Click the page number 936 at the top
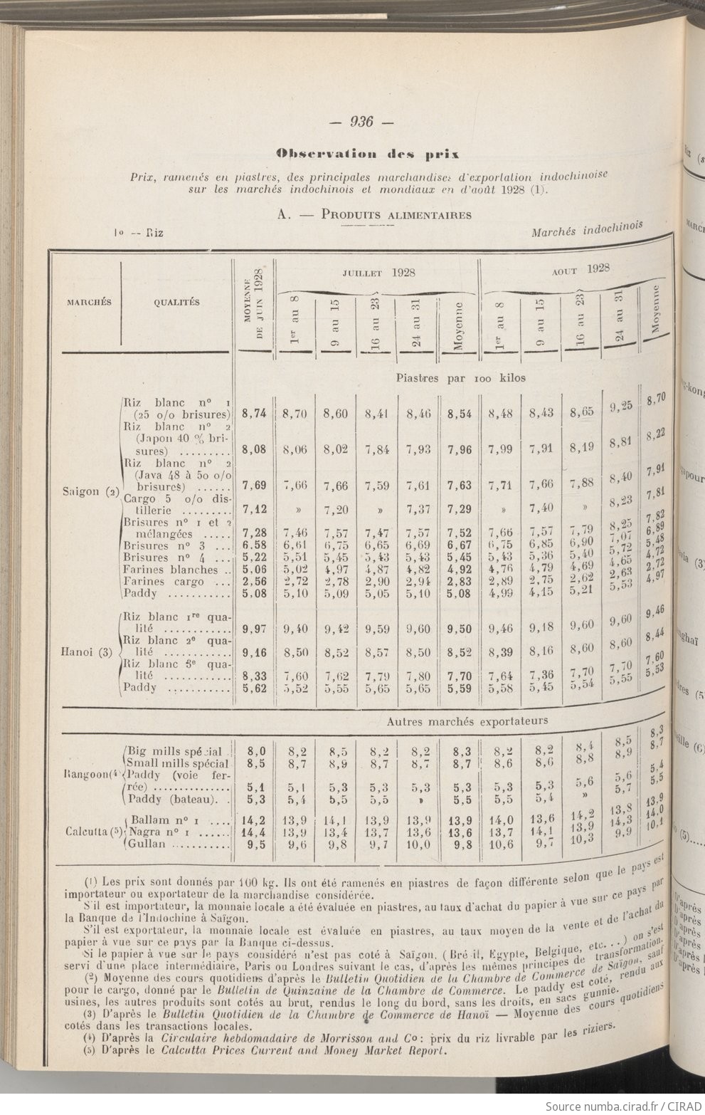pos(361,122)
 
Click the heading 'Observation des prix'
pos(368,153)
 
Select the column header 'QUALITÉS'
pos(176,302)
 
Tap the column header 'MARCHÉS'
pos(89,302)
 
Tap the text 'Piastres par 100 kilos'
pos(461,378)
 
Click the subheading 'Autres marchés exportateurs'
pos(467,721)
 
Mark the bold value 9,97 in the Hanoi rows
pos(255,629)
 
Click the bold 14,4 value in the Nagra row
pos(255,832)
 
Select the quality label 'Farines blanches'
pos(171,570)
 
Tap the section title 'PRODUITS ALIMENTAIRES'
pos(396,214)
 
